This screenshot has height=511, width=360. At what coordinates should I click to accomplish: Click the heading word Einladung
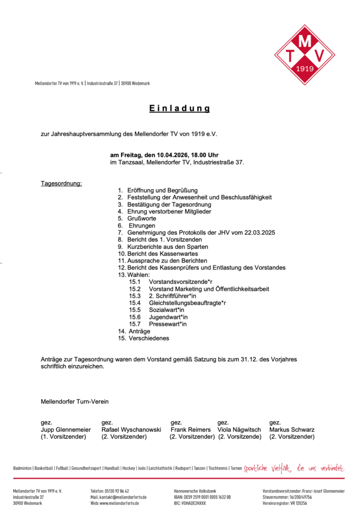[x=180, y=108]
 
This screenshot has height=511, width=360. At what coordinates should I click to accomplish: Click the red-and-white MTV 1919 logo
[x=304, y=48]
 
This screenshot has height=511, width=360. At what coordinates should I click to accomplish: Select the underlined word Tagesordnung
[x=61, y=183]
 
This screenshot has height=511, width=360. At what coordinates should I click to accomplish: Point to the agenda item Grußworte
[x=142, y=219]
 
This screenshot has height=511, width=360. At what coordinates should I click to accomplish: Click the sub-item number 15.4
[x=135, y=303]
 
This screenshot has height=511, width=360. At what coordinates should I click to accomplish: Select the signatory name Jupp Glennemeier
[x=66, y=430]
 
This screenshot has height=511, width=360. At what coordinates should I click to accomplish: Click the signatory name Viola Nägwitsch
[x=240, y=430]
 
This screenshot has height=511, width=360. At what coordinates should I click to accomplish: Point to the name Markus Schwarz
[x=292, y=430]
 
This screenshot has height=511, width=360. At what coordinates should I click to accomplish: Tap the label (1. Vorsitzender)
[x=63, y=437]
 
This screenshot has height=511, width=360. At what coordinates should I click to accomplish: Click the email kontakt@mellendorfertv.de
[x=118, y=497]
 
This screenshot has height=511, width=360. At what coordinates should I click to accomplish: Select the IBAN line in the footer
[x=202, y=497]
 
